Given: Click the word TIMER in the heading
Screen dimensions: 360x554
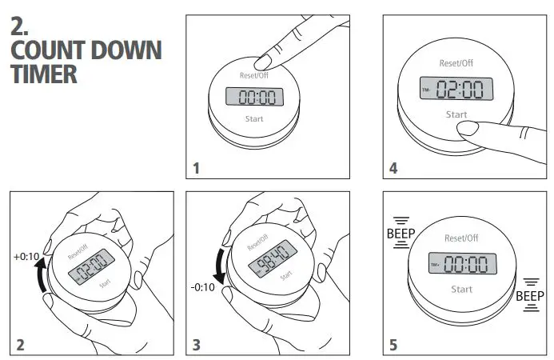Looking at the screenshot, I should point(44,75).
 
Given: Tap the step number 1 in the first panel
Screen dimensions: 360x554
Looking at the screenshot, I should point(197,168).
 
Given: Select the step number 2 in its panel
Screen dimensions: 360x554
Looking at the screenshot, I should point(20,346).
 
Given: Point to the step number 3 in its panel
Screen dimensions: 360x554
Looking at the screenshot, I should point(197,346).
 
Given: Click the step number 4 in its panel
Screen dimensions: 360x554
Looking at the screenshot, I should point(393,168).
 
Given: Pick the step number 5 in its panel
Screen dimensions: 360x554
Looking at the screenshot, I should point(393,346).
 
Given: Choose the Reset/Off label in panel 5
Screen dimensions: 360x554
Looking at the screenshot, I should point(460,238).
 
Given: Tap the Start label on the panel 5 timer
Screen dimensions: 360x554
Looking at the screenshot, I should point(461,288).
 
